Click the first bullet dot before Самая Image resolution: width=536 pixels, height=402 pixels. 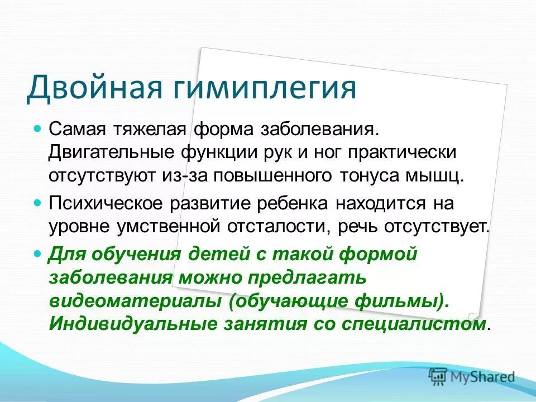(38, 128)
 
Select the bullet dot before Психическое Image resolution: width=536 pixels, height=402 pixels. (38, 202)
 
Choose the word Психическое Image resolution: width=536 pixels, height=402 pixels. (107, 203)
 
